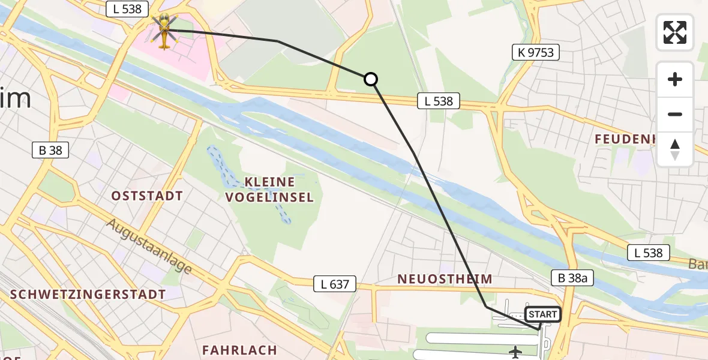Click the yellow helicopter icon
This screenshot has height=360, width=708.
(x=163, y=30)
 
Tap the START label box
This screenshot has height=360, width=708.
(x=543, y=314)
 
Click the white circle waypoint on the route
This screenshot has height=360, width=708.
(x=371, y=79)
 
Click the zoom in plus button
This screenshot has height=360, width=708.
(x=675, y=80)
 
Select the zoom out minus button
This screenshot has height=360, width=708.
(x=675, y=114)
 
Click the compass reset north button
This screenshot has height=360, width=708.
(x=675, y=149)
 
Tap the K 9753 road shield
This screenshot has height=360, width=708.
(x=535, y=53)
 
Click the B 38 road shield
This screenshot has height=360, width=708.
(x=50, y=150)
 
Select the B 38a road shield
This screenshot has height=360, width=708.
(x=572, y=277)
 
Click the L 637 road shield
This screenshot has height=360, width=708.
(x=335, y=284)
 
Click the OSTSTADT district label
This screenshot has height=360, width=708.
(x=147, y=196)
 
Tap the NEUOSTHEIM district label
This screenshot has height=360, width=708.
(x=445, y=279)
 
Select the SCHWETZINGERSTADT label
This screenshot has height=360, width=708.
(x=88, y=295)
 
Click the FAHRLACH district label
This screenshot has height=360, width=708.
(x=239, y=350)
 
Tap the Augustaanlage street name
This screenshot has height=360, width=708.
(x=150, y=245)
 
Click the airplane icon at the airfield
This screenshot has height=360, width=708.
(x=515, y=352)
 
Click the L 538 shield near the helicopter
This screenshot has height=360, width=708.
(x=127, y=8)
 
